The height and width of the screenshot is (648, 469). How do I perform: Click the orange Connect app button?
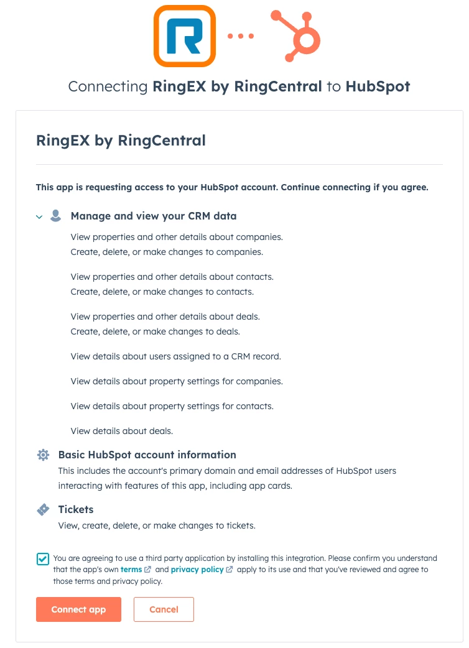pyautogui.click(x=78, y=609)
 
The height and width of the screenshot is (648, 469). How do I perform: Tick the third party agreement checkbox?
pyautogui.click(x=43, y=558)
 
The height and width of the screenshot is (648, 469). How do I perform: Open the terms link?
pyautogui.click(x=131, y=570)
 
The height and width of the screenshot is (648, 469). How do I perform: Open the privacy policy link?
pyautogui.click(x=197, y=570)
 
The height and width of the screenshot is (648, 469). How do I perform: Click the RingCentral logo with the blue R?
pyautogui.click(x=185, y=36)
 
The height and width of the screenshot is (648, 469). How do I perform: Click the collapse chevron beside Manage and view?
pyautogui.click(x=39, y=217)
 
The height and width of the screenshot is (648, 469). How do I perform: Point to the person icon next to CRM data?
pyautogui.click(x=56, y=216)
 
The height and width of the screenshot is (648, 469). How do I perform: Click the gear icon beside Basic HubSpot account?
pyautogui.click(x=43, y=455)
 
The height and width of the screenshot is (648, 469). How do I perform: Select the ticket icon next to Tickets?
pyautogui.click(x=43, y=510)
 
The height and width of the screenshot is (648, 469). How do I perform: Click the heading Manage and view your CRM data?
pyautogui.click(x=154, y=216)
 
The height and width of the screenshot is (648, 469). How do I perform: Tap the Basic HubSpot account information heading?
pyautogui.click(x=147, y=455)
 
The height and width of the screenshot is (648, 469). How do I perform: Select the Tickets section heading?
pyautogui.click(x=76, y=509)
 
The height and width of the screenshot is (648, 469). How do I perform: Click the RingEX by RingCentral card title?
pyautogui.click(x=121, y=141)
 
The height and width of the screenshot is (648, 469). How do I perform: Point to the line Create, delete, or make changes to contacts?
pyautogui.click(x=162, y=292)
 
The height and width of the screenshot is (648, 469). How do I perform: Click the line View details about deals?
pyautogui.click(x=122, y=431)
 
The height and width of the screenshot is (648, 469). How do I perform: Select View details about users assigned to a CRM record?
pyautogui.click(x=176, y=356)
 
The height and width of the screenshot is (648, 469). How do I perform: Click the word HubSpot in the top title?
pyautogui.click(x=378, y=86)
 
